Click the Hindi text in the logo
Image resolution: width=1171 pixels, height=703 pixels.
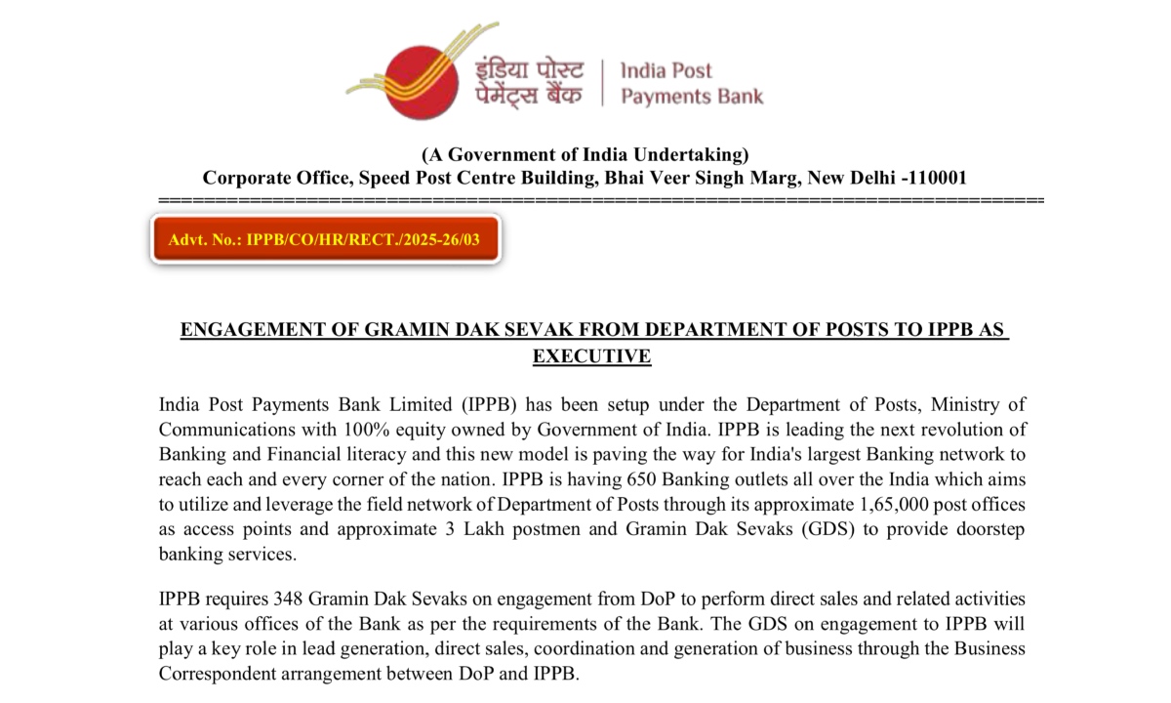(x=530, y=83)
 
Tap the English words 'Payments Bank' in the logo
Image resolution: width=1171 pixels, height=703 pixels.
(x=692, y=96)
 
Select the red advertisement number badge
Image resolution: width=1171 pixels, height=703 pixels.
(x=325, y=238)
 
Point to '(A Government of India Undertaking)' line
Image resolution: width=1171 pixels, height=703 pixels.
(x=585, y=154)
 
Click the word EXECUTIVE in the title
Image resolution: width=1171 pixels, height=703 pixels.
(x=591, y=356)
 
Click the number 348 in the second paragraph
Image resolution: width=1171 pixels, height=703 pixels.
(x=256, y=598)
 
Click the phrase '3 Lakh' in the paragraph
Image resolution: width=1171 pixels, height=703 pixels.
(x=454, y=529)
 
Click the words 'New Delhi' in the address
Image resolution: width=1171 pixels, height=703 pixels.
(x=853, y=178)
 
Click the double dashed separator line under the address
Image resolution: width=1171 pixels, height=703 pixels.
(x=600, y=199)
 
